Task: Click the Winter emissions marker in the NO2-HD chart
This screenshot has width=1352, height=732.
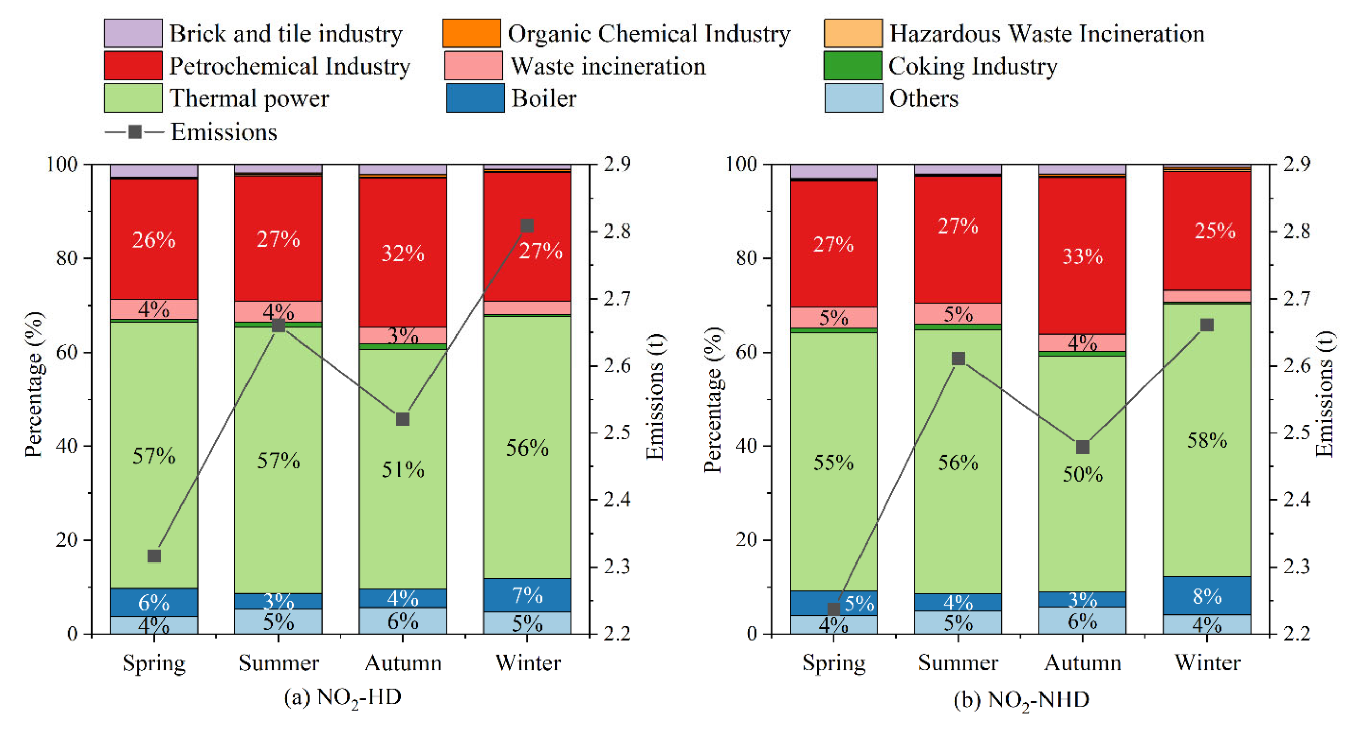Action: point(527,226)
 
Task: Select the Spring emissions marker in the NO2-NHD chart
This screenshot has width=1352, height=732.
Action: point(834,609)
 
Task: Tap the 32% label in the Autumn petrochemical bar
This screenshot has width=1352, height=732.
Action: point(403,254)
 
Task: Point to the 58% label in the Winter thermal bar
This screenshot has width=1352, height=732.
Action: point(1207,440)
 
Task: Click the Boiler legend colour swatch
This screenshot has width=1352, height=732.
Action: point(475,98)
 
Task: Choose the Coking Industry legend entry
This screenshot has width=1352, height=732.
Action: point(972,66)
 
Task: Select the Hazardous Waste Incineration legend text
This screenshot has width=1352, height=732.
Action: point(1047,34)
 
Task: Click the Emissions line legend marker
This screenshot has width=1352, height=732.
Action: point(135,132)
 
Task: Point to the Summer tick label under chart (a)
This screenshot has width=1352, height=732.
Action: point(278,663)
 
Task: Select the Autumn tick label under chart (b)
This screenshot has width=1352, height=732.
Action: point(1082,663)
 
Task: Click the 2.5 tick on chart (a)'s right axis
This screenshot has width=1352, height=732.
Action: point(617,432)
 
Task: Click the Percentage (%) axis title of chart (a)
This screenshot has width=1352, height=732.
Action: point(34,384)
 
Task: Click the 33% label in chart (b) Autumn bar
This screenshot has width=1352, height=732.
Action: point(1082,256)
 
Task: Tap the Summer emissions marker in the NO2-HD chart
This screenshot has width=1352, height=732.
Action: point(278,325)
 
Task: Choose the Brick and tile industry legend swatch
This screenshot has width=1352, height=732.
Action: point(133,34)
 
